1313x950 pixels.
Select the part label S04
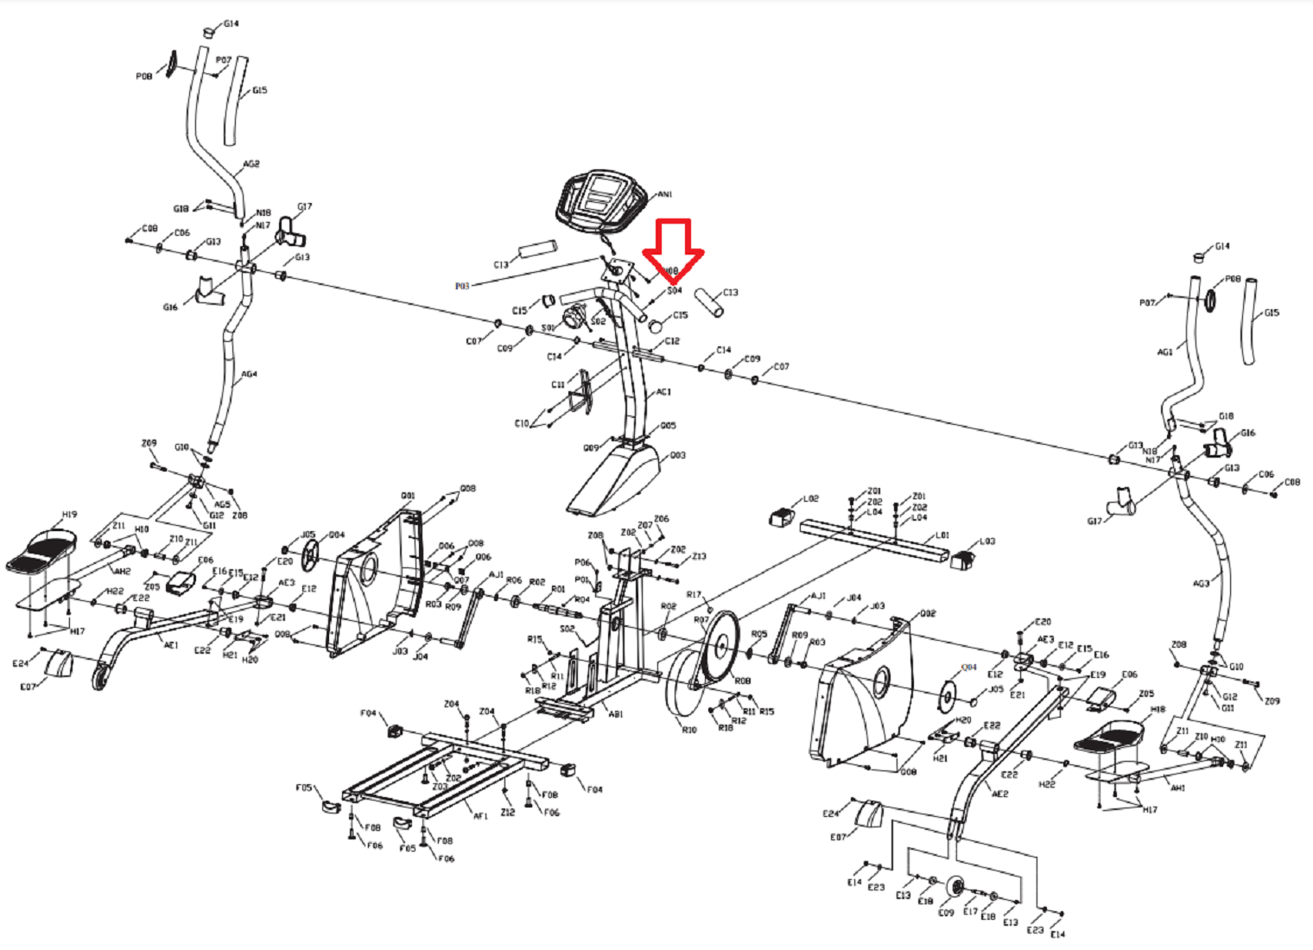[x=675, y=291]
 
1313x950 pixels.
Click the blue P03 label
[x=462, y=286]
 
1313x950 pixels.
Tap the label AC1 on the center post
[x=663, y=392]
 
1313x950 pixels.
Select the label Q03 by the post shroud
[x=678, y=455]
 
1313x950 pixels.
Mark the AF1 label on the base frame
[x=480, y=815]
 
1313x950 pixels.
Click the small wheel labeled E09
[x=955, y=888]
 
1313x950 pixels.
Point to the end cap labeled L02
[x=782, y=516]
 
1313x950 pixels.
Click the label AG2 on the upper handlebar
[x=251, y=164]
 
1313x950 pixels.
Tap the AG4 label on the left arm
[x=249, y=375]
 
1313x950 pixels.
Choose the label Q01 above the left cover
[x=408, y=496]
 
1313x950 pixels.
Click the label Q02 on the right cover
[x=928, y=614]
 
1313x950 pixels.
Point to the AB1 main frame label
[x=616, y=714]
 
